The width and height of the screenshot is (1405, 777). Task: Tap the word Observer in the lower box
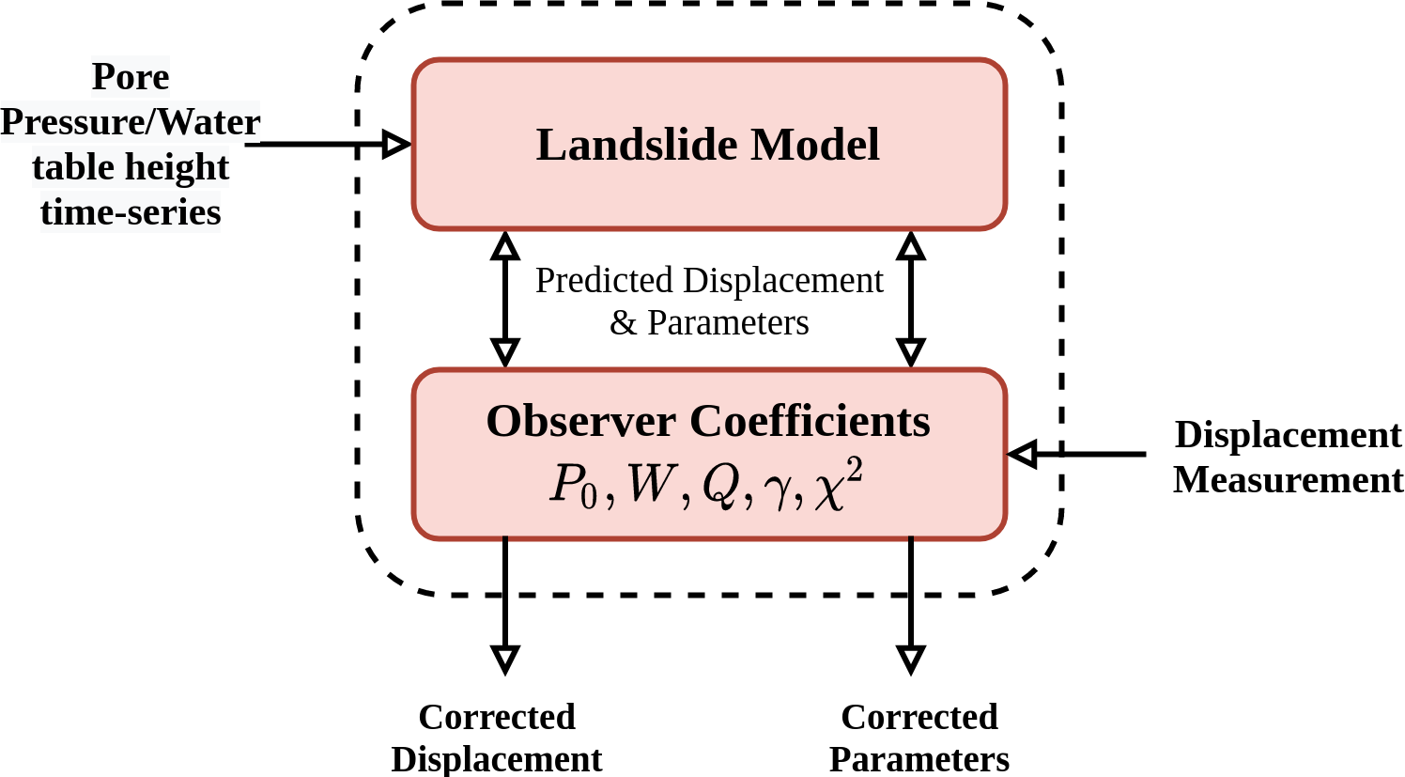pyautogui.click(x=580, y=422)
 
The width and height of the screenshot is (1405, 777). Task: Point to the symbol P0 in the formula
pyautogui.click(x=573, y=486)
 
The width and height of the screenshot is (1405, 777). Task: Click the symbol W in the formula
pyautogui.click(x=651, y=486)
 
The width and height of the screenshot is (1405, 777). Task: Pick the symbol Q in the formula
pyautogui.click(x=720, y=487)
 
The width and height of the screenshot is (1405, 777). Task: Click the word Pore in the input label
pyautogui.click(x=131, y=77)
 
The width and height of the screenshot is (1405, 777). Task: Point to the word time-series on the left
pyautogui.click(x=131, y=212)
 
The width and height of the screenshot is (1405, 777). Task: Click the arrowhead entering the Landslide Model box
pyautogui.click(x=398, y=144)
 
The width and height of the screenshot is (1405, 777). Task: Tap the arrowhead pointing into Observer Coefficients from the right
pyautogui.click(x=1022, y=454)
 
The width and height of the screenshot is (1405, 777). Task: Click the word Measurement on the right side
pyautogui.click(x=1288, y=480)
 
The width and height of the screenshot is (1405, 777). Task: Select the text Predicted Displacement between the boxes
pyautogui.click(x=709, y=280)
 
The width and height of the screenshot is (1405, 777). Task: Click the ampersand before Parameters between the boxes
pyautogui.click(x=623, y=323)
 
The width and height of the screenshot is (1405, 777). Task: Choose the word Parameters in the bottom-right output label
pyautogui.click(x=919, y=759)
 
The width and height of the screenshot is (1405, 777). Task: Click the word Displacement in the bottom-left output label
pyautogui.click(x=497, y=759)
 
